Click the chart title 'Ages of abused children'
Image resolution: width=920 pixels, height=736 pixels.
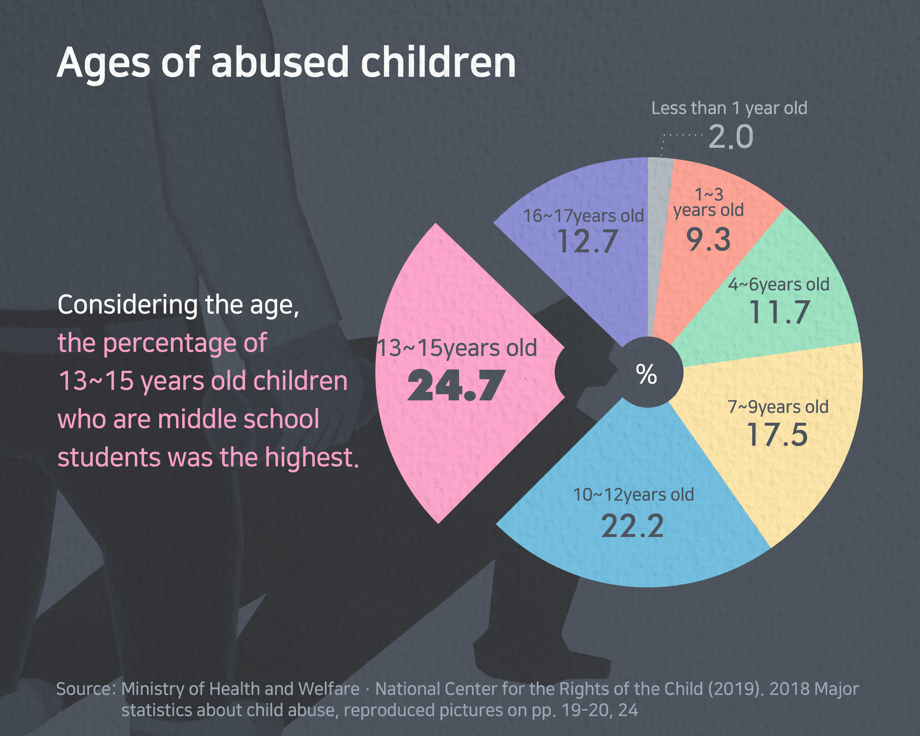286,63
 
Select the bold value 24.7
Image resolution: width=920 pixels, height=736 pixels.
456,386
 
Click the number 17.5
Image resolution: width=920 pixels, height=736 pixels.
777,435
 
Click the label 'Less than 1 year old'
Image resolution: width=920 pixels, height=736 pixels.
729,108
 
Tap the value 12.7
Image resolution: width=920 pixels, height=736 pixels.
588,241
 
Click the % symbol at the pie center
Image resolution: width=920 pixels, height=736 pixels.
647,374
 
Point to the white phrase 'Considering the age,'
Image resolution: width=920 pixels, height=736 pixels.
178,305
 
